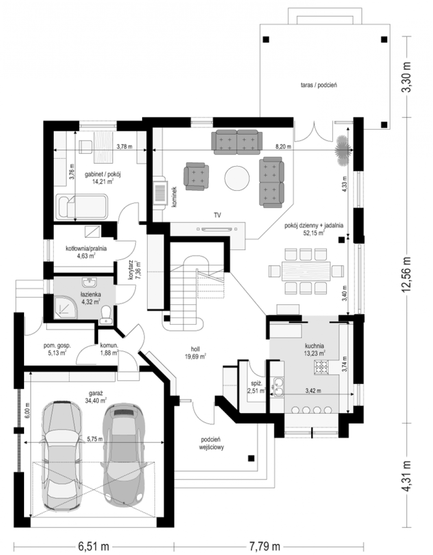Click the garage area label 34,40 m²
click(96, 401)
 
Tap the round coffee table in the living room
click(237, 178)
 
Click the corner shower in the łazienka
click(65, 307)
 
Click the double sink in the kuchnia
click(278, 387)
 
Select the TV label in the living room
click(217, 216)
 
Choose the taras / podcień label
click(319, 85)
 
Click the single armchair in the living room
click(196, 177)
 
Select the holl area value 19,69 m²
click(195, 357)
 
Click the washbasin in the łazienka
click(89, 283)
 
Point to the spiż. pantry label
click(257, 383)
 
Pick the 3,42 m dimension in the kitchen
click(313, 390)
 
